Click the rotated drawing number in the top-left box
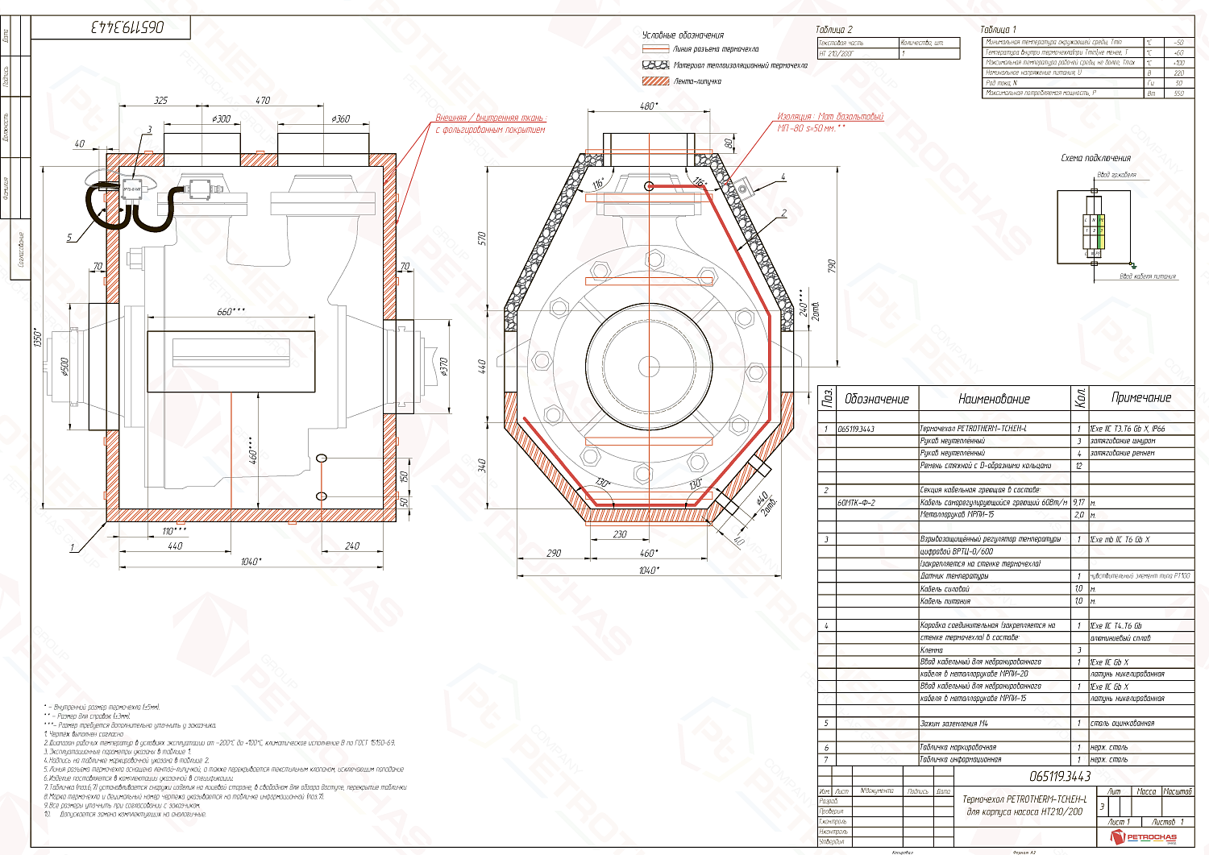(x=127, y=27)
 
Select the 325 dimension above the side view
(x=161, y=101)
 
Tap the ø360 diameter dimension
(x=341, y=118)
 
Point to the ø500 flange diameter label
(x=65, y=367)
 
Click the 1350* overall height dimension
(x=36, y=335)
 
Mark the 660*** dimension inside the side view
(x=231, y=312)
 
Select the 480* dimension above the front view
(x=648, y=106)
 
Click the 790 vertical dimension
(x=832, y=265)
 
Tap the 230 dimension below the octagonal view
(x=620, y=534)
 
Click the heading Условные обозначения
(x=683, y=35)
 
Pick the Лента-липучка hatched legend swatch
(x=656, y=81)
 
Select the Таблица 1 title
(x=998, y=30)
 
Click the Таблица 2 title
(x=833, y=30)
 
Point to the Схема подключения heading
(x=1095, y=158)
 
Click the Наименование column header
(x=994, y=399)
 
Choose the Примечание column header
(x=1140, y=398)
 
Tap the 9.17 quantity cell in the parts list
(x=1078, y=502)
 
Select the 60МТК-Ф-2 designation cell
(x=856, y=503)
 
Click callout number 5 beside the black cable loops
(x=69, y=238)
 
